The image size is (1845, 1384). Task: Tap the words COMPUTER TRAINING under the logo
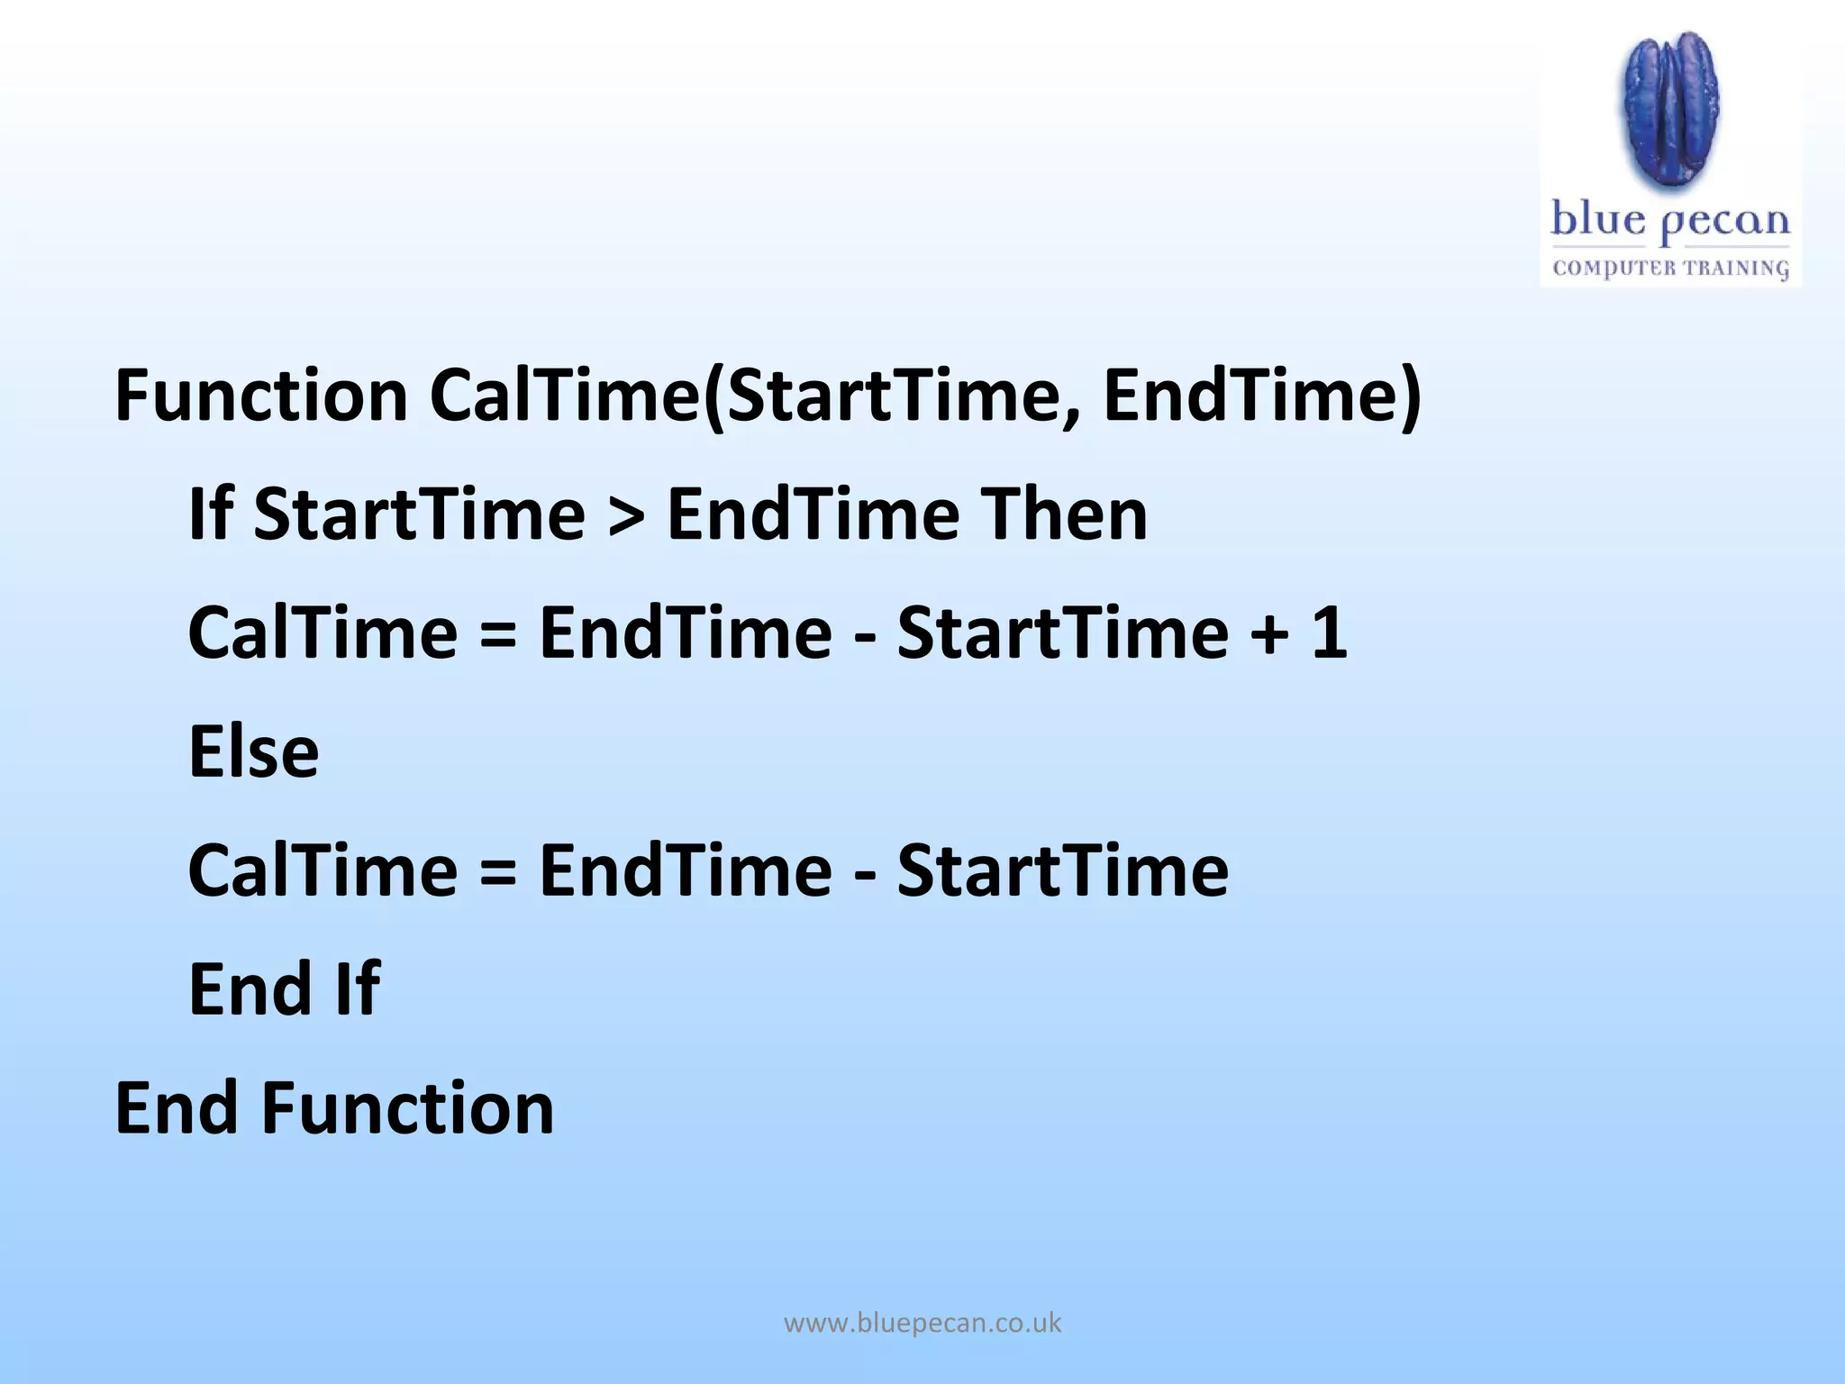pos(1670,268)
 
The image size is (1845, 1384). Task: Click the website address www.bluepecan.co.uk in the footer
pos(922,1323)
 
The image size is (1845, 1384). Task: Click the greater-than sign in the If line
pos(626,515)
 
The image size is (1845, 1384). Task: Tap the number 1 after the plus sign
pos(1329,633)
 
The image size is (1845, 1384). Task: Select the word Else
pos(253,751)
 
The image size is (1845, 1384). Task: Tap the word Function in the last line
pos(407,1108)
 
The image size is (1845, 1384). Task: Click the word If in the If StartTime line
pos(210,514)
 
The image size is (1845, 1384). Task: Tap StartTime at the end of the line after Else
pos(1063,870)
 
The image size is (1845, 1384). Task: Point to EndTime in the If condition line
pos(813,514)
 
